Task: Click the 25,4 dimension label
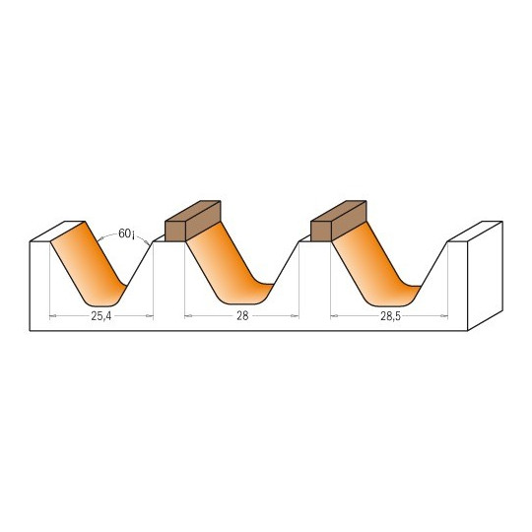click(x=101, y=316)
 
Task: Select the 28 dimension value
click(x=242, y=316)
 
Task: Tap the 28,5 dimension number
click(x=390, y=316)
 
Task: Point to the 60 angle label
click(x=126, y=233)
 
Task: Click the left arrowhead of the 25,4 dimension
click(x=52, y=316)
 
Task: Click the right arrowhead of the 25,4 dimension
click(x=150, y=316)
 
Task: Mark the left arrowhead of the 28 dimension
click(x=188, y=316)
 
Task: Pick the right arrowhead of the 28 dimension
click(x=296, y=316)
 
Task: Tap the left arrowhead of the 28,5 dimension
click(x=334, y=316)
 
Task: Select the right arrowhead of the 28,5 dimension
click(x=443, y=316)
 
